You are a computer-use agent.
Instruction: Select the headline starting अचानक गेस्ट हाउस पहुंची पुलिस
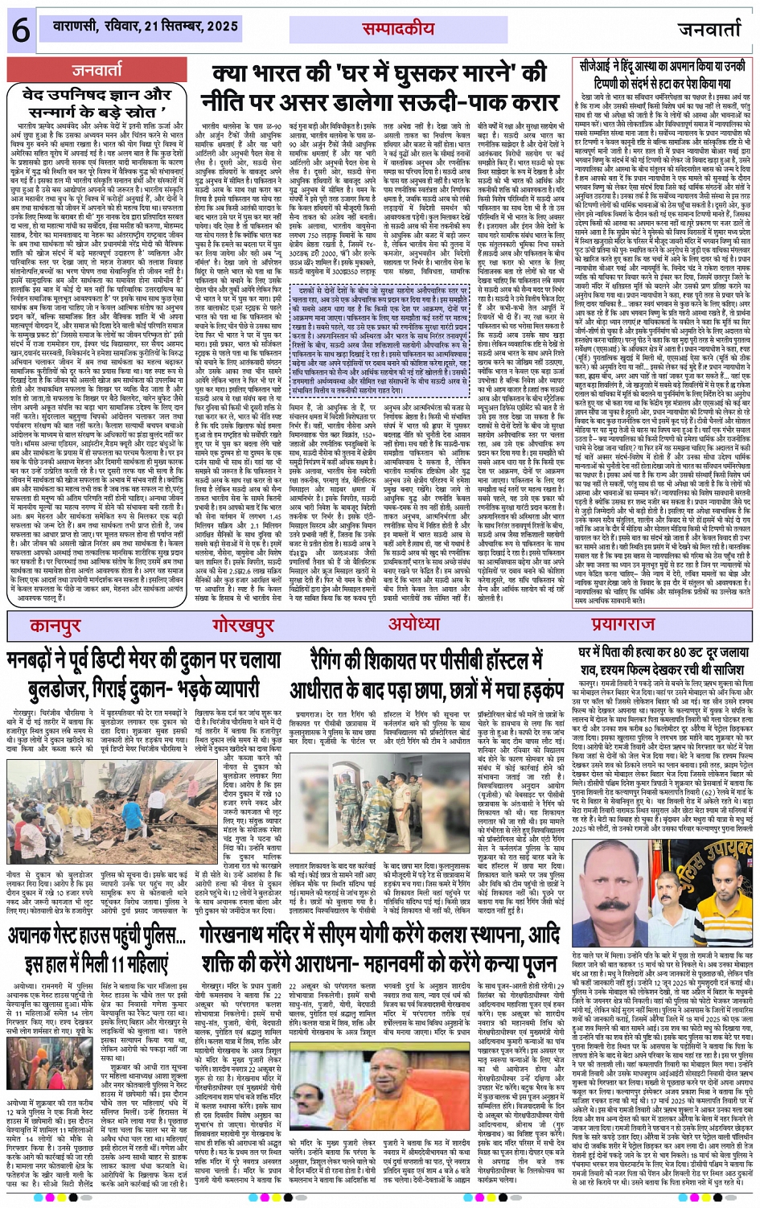pos(97,949)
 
